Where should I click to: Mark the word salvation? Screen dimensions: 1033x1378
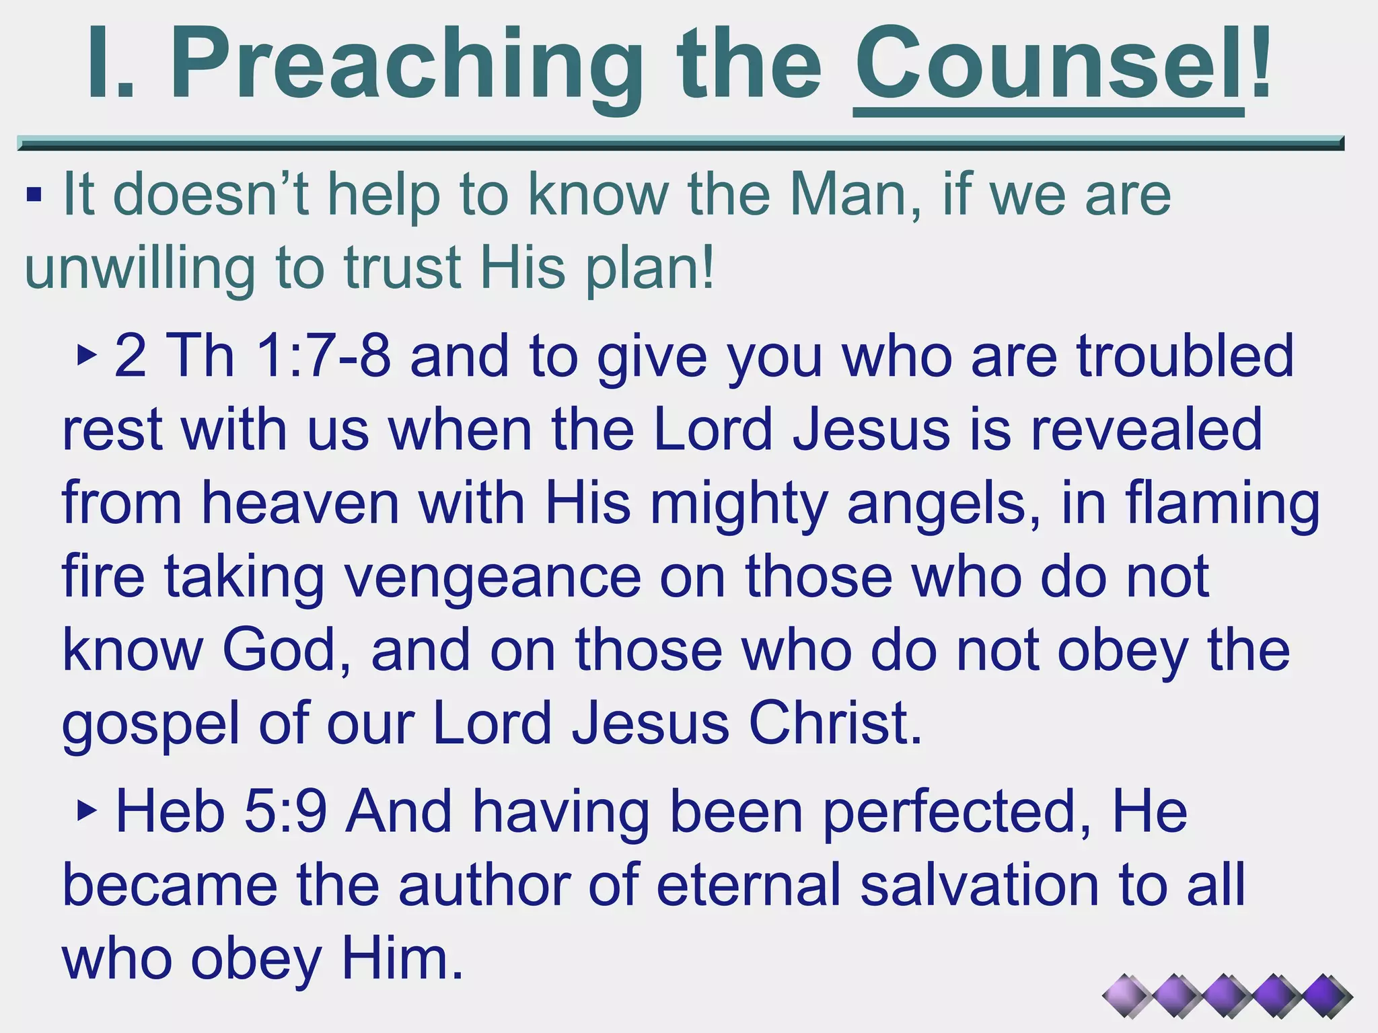980,885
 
